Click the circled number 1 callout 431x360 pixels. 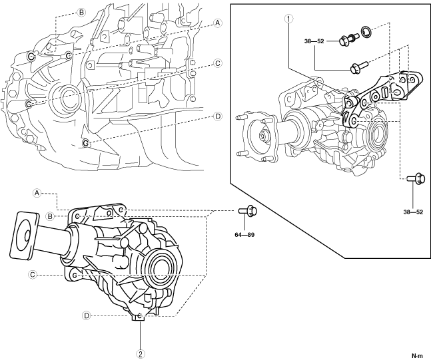pyautogui.click(x=287, y=19)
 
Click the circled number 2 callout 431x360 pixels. pyautogui.click(x=141, y=353)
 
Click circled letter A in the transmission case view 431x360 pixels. pyautogui.click(x=218, y=23)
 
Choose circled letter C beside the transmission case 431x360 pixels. pyautogui.click(x=218, y=63)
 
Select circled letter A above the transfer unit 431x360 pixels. pyautogui.click(x=38, y=192)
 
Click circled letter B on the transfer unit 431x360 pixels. pyautogui.click(x=51, y=216)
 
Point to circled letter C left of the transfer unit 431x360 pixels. pyautogui.click(x=31, y=273)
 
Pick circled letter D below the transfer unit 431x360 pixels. pyautogui.click(x=86, y=315)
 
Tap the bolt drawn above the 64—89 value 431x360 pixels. pyautogui.click(x=246, y=211)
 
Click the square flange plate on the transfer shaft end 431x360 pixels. pyautogui.click(x=25, y=234)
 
